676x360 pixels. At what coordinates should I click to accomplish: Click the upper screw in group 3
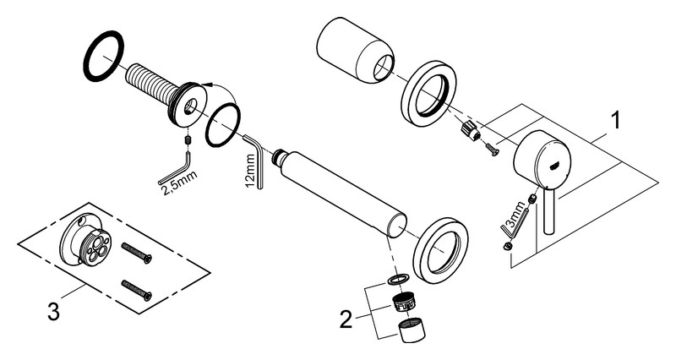(x=137, y=251)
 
